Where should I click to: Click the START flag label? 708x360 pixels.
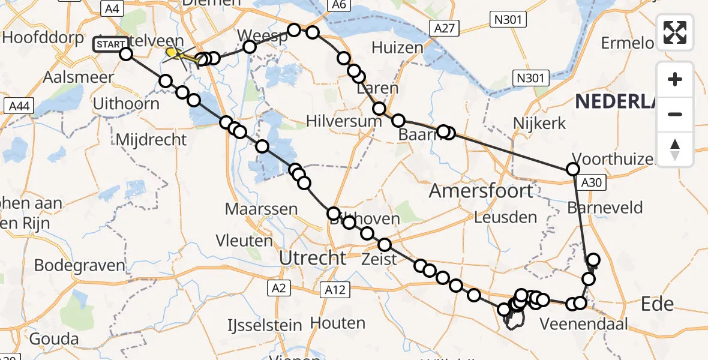(x=110, y=44)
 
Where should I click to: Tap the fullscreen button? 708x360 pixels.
(x=675, y=32)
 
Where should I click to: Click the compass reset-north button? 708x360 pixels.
(x=675, y=149)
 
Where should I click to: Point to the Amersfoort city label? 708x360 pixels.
(x=481, y=191)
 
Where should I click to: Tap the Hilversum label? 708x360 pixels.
(x=344, y=120)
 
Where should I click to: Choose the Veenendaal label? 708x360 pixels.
(x=584, y=325)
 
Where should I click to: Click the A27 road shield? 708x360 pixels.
(x=444, y=28)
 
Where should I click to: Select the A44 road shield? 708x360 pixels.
(x=19, y=107)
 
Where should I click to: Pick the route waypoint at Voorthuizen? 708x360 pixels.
(x=574, y=170)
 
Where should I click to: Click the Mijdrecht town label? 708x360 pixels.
(x=151, y=139)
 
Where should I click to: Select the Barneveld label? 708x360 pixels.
(x=605, y=208)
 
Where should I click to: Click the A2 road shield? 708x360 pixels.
(x=278, y=289)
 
